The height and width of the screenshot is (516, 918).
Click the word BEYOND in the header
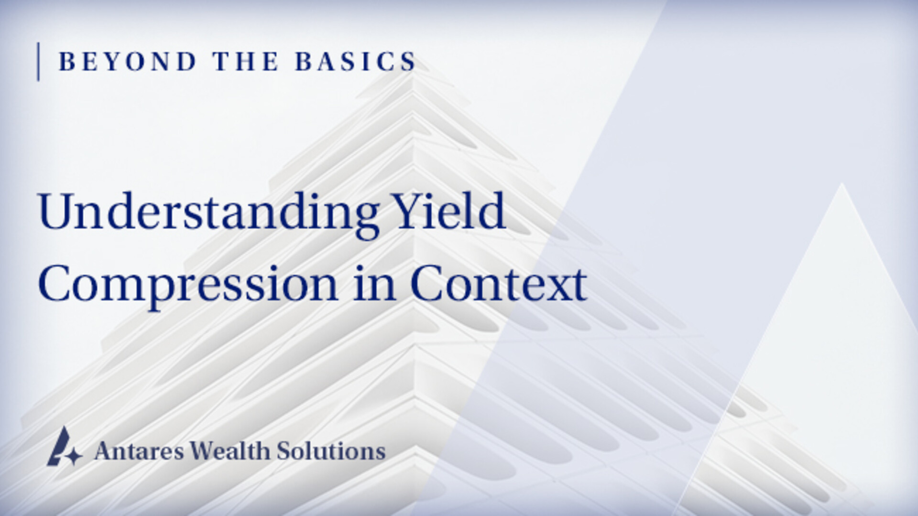(x=128, y=62)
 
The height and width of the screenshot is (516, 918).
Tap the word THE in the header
(x=246, y=62)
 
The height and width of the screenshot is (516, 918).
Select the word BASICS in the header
(x=356, y=62)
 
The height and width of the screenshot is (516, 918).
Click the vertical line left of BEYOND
(x=38, y=62)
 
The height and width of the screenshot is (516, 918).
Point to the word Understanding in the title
(x=209, y=212)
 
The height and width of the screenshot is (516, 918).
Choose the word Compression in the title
(x=188, y=285)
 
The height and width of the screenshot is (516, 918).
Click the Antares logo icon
(x=64, y=447)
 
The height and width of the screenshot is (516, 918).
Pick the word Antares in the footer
(x=139, y=451)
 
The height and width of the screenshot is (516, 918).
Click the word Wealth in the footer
(x=230, y=451)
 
